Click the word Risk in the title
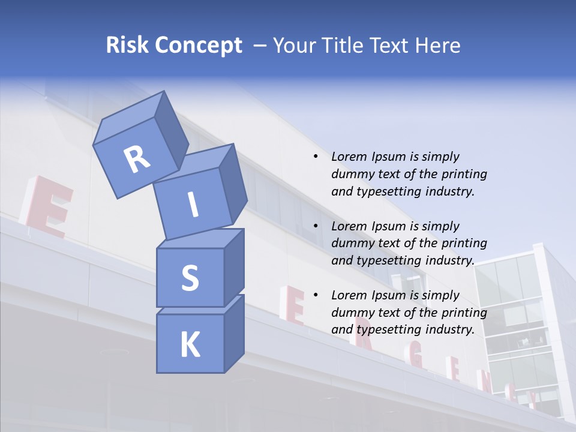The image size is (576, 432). click(x=127, y=46)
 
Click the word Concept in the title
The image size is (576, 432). click(x=199, y=46)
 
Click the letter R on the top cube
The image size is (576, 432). click(x=137, y=159)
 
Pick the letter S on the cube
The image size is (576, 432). click(x=190, y=278)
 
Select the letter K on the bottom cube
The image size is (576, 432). click(x=190, y=345)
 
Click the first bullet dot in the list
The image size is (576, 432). click(x=316, y=157)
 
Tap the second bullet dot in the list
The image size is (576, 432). click(x=316, y=226)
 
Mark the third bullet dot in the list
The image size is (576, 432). click(x=316, y=295)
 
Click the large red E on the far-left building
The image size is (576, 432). click(x=48, y=207)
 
